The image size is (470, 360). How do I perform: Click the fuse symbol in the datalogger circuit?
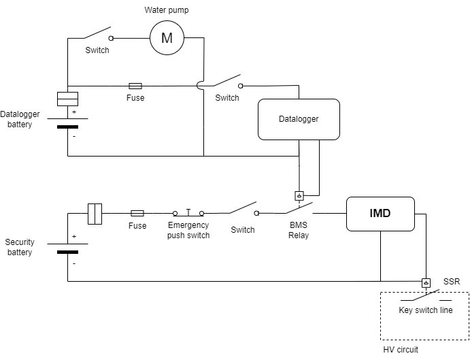click(135, 86)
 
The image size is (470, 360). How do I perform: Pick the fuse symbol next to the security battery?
click(137, 213)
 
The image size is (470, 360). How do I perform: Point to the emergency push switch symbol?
click(188, 213)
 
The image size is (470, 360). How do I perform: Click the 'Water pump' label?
click(167, 10)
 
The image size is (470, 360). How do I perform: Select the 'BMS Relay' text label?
click(299, 230)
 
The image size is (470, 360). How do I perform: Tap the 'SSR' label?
click(452, 282)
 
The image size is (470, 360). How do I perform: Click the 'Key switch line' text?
click(426, 310)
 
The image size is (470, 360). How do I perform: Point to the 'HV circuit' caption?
click(401, 350)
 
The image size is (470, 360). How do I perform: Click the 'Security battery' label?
click(20, 247)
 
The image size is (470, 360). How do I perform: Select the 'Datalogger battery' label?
click(20, 119)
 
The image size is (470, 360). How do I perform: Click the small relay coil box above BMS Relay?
click(299, 196)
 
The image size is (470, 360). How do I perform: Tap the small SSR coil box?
click(426, 283)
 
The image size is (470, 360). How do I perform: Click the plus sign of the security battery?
click(74, 236)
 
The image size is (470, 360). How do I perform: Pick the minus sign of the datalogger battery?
click(74, 137)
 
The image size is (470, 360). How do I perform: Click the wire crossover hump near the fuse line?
click(199, 86)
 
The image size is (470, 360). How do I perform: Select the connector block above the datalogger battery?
click(68, 99)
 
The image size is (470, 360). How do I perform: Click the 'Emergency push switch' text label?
click(188, 230)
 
